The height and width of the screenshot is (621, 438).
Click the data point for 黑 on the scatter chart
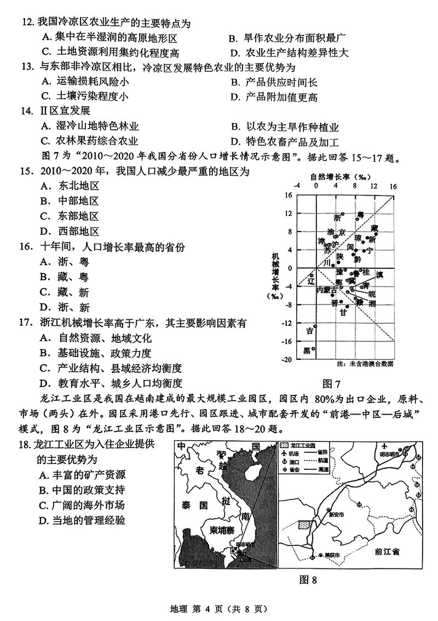click(x=314, y=347)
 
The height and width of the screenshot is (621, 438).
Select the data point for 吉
click(x=315, y=326)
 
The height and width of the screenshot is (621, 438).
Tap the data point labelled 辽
click(x=312, y=275)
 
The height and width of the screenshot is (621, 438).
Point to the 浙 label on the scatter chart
click(x=337, y=218)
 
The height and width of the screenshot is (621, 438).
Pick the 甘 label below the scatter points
click(x=343, y=313)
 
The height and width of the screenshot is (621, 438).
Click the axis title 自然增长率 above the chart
click(x=331, y=177)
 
